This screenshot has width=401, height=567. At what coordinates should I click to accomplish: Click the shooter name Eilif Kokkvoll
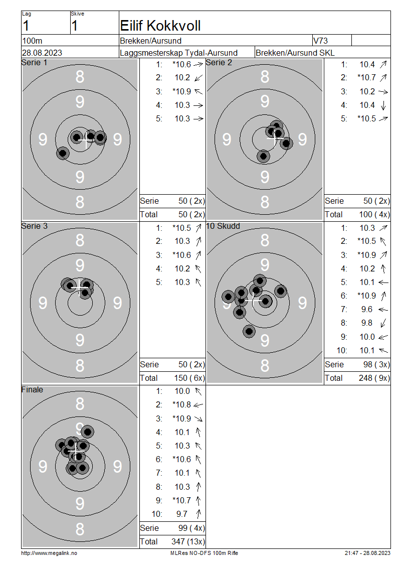(x=160, y=26)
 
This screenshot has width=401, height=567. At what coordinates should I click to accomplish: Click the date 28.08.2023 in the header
(x=42, y=53)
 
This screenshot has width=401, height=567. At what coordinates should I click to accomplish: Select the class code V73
(x=320, y=41)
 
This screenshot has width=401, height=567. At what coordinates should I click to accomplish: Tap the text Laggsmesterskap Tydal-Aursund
(x=179, y=53)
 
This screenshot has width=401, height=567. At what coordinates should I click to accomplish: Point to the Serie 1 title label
(x=34, y=63)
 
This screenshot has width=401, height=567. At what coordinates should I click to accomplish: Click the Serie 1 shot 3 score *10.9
(x=182, y=91)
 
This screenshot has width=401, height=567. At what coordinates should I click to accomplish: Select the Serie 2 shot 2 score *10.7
(x=366, y=78)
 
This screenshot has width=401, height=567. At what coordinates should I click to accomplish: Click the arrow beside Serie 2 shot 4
(x=383, y=105)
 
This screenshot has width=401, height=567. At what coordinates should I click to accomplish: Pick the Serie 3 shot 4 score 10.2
(x=182, y=268)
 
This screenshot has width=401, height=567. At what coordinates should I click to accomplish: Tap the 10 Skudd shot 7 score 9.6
(x=367, y=310)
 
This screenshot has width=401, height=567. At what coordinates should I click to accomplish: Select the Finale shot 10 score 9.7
(x=182, y=514)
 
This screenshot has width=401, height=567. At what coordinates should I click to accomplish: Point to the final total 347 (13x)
(x=188, y=542)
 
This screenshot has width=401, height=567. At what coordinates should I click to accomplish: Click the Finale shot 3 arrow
(x=198, y=419)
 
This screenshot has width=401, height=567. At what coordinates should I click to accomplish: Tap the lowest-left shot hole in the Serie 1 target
(x=63, y=153)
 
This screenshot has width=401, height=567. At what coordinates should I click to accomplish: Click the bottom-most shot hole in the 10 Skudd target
(x=249, y=331)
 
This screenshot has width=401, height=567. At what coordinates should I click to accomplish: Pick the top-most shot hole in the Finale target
(x=87, y=432)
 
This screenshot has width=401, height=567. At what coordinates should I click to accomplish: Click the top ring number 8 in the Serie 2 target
(x=265, y=77)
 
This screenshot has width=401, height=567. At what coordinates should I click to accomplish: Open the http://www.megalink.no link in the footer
(x=49, y=553)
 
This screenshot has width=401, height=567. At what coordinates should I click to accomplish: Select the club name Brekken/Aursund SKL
(x=295, y=53)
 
